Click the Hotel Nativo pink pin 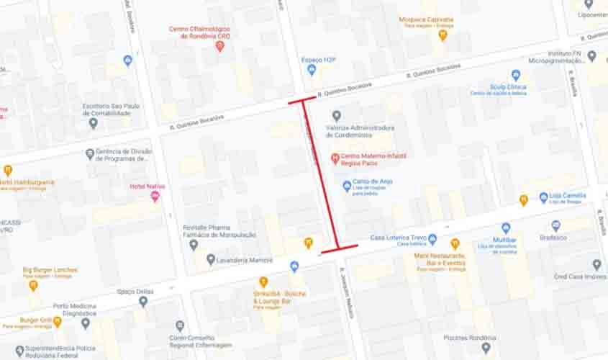click(x=155, y=197)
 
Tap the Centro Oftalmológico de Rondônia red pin click(x=220, y=47)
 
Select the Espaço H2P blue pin click(x=312, y=70)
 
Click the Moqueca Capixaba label click(x=427, y=19)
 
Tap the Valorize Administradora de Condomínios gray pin click(x=336, y=116)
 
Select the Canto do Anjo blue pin click(x=347, y=185)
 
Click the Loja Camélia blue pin click(x=543, y=197)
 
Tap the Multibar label click(x=505, y=240)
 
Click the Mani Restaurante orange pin click(x=455, y=244)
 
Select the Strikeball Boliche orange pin click(x=263, y=282)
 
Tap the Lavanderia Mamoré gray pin click(x=210, y=259)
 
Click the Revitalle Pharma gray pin click(x=194, y=245)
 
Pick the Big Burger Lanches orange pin click(x=33, y=285)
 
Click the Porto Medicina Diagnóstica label click(x=75, y=309)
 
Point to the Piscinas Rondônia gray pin click(x=486, y=347)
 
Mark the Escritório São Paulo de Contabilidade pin click(x=93, y=123)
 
